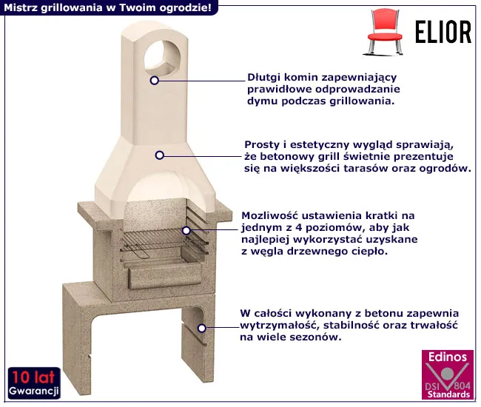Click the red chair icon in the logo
[385, 33]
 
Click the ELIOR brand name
[443, 33]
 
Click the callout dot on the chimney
[155, 81]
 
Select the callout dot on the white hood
[159, 155]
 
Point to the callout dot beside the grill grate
[186, 230]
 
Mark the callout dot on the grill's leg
[201, 328]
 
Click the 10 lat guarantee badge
[34, 383]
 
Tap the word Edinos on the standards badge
[448, 357]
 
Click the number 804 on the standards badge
[462, 386]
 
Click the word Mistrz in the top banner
[20, 7]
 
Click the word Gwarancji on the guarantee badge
[34, 391]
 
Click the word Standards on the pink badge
[448, 394]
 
